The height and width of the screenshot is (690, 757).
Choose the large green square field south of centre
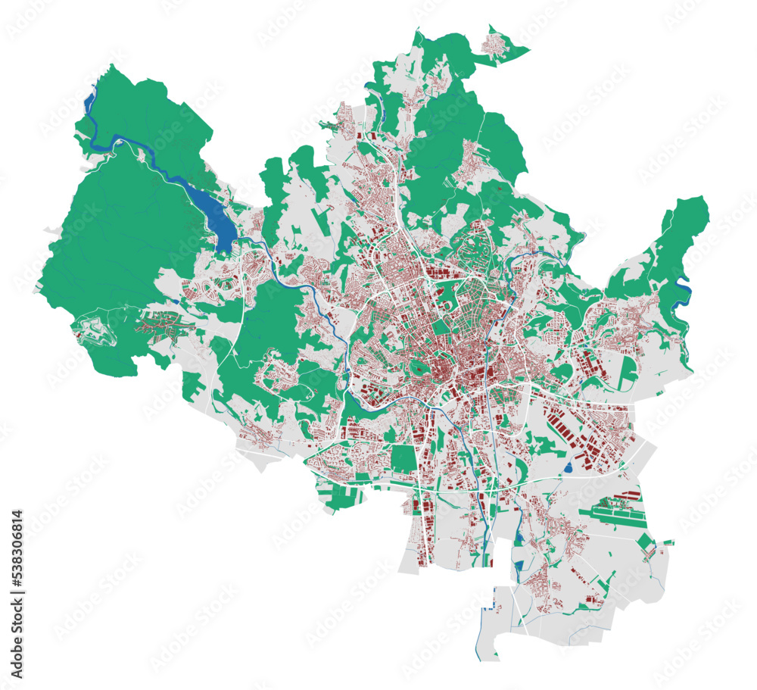(x=403, y=458)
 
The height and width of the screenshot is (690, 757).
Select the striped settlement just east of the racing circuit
(x=163, y=322)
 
